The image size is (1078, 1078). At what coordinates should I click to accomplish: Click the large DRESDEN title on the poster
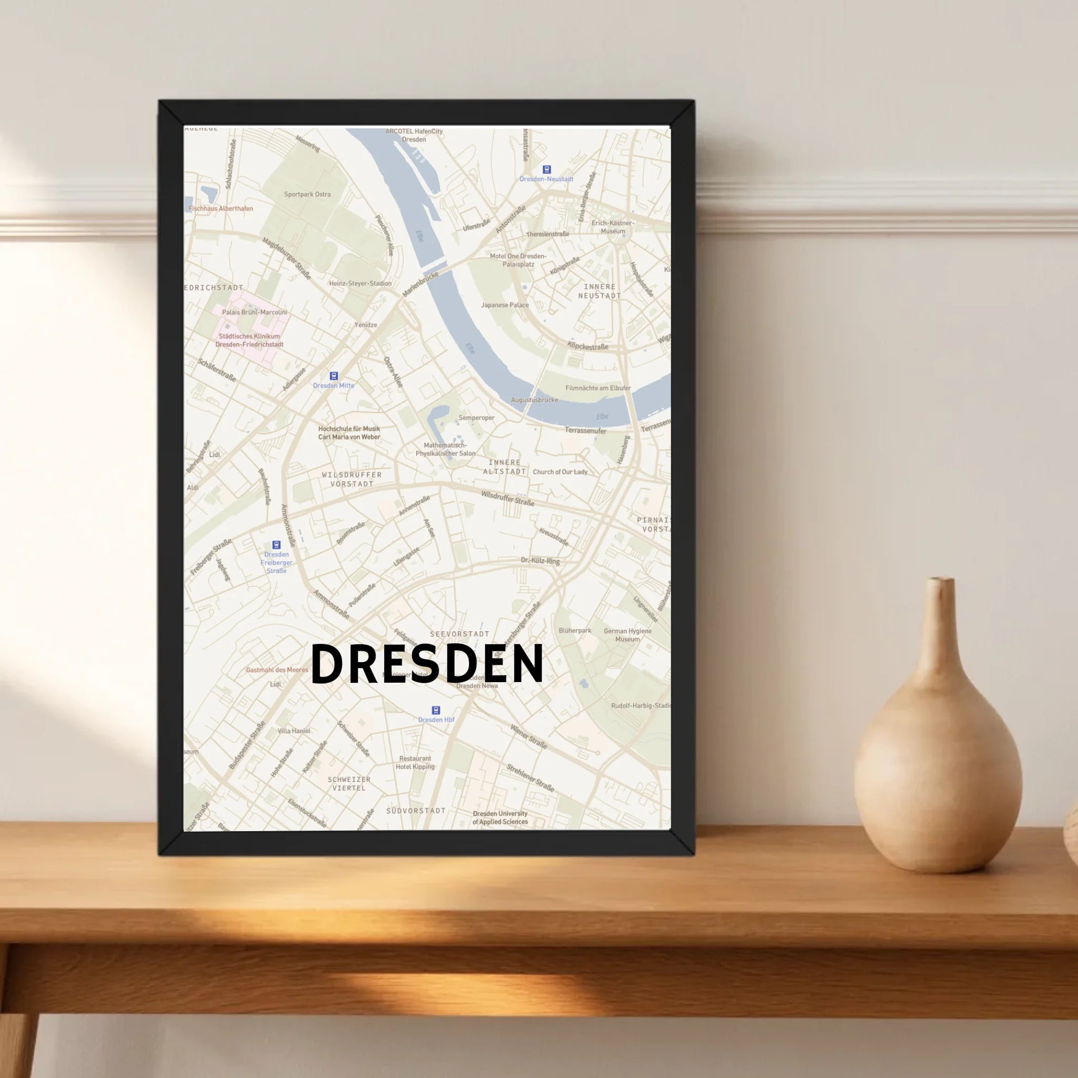click(427, 663)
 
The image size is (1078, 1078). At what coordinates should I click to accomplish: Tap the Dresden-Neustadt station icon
click(547, 169)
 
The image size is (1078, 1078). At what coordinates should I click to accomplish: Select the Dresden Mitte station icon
click(334, 376)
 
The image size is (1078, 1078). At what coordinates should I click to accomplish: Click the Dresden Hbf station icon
click(436, 710)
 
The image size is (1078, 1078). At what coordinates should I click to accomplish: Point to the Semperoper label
click(476, 417)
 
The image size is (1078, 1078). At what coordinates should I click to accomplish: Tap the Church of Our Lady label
click(560, 472)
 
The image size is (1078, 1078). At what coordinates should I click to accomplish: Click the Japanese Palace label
click(504, 305)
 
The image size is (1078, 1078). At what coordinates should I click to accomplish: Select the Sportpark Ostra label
click(307, 194)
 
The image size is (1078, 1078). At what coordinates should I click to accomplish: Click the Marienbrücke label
click(420, 284)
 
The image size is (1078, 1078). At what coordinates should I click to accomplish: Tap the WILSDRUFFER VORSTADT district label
click(352, 479)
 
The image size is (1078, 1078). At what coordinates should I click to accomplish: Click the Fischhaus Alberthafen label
click(221, 208)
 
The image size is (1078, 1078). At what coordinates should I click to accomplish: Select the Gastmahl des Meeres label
click(277, 670)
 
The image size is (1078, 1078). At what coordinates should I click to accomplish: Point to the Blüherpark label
click(575, 631)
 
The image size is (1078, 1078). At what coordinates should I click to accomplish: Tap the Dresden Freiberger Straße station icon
click(276, 545)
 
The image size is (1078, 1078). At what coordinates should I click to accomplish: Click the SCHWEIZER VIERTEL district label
click(349, 783)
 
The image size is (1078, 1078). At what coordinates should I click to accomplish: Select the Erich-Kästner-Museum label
click(613, 226)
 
